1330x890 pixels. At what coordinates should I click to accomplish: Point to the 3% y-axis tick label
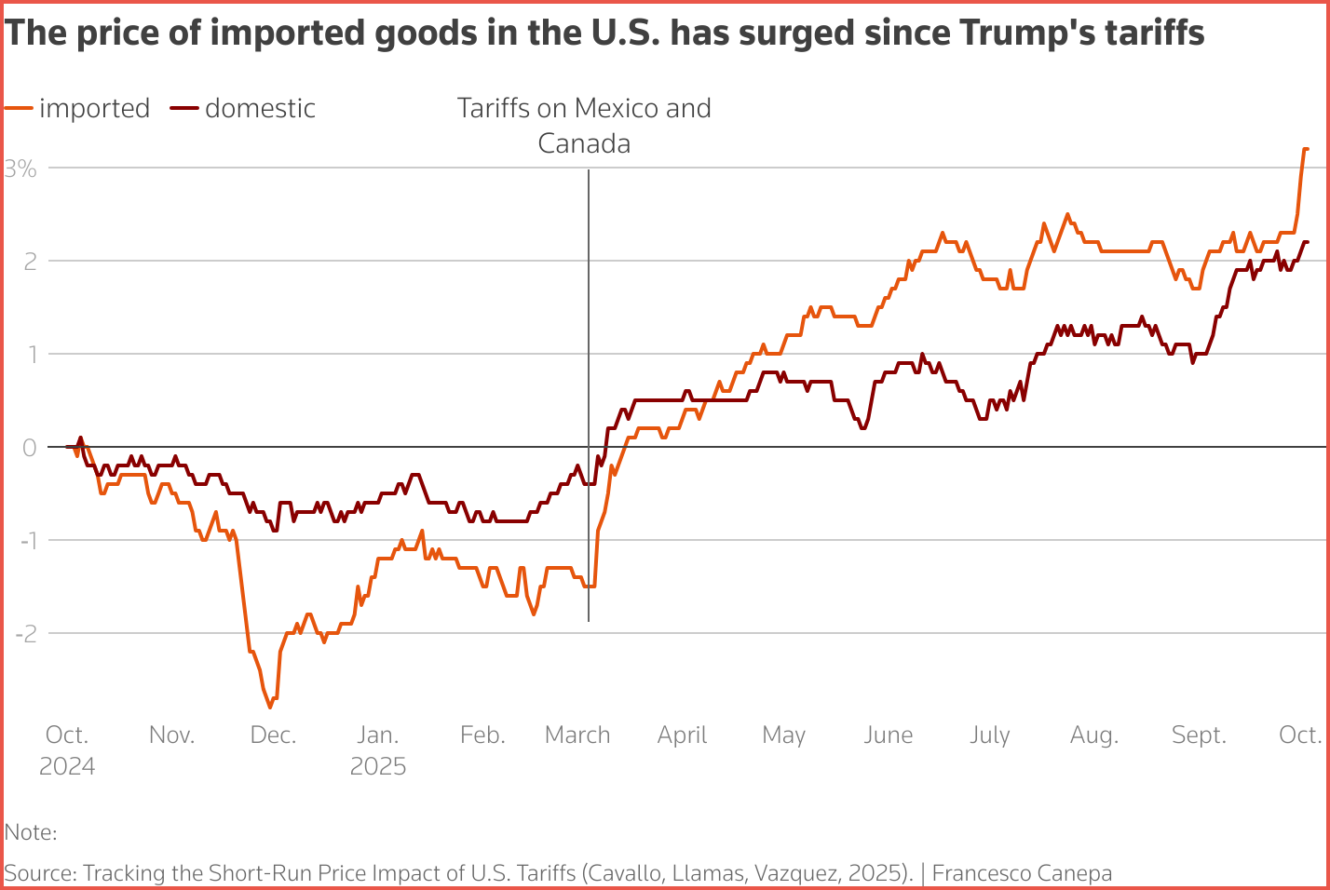tap(20, 169)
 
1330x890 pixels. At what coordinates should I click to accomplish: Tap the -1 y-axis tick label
tap(25, 540)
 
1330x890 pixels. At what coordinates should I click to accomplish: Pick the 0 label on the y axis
tap(30, 447)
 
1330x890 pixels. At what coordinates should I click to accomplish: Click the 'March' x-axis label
tap(577, 735)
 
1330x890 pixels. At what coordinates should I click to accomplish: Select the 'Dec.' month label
tap(273, 735)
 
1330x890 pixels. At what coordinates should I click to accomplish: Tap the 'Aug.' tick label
tap(1093, 735)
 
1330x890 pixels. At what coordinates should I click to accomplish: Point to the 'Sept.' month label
tap(1199, 735)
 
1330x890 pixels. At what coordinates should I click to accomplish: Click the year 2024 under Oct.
tap(67, 766)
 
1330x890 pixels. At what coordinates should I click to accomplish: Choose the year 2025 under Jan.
tap(378, 766)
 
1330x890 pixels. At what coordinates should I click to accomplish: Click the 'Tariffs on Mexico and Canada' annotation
tap(584, 126)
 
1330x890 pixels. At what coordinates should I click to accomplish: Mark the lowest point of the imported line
tap(270, 707)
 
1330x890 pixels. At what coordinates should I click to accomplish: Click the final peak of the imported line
tap(1306, 149)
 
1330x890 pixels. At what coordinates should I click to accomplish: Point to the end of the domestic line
tap(1307, 242)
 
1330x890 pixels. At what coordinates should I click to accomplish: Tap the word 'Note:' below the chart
tap(31, 832)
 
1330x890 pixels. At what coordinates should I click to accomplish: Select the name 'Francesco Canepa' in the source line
tap(1022, 873)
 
